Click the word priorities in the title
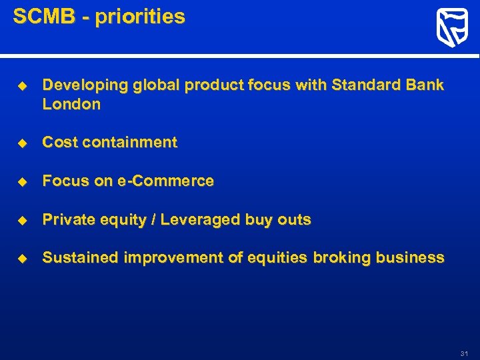pyautogui.click(x=140, y=17)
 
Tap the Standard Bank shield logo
pyautogui.click(x=451, y=28)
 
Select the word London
pyautogui.click(x=71, y=104)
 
